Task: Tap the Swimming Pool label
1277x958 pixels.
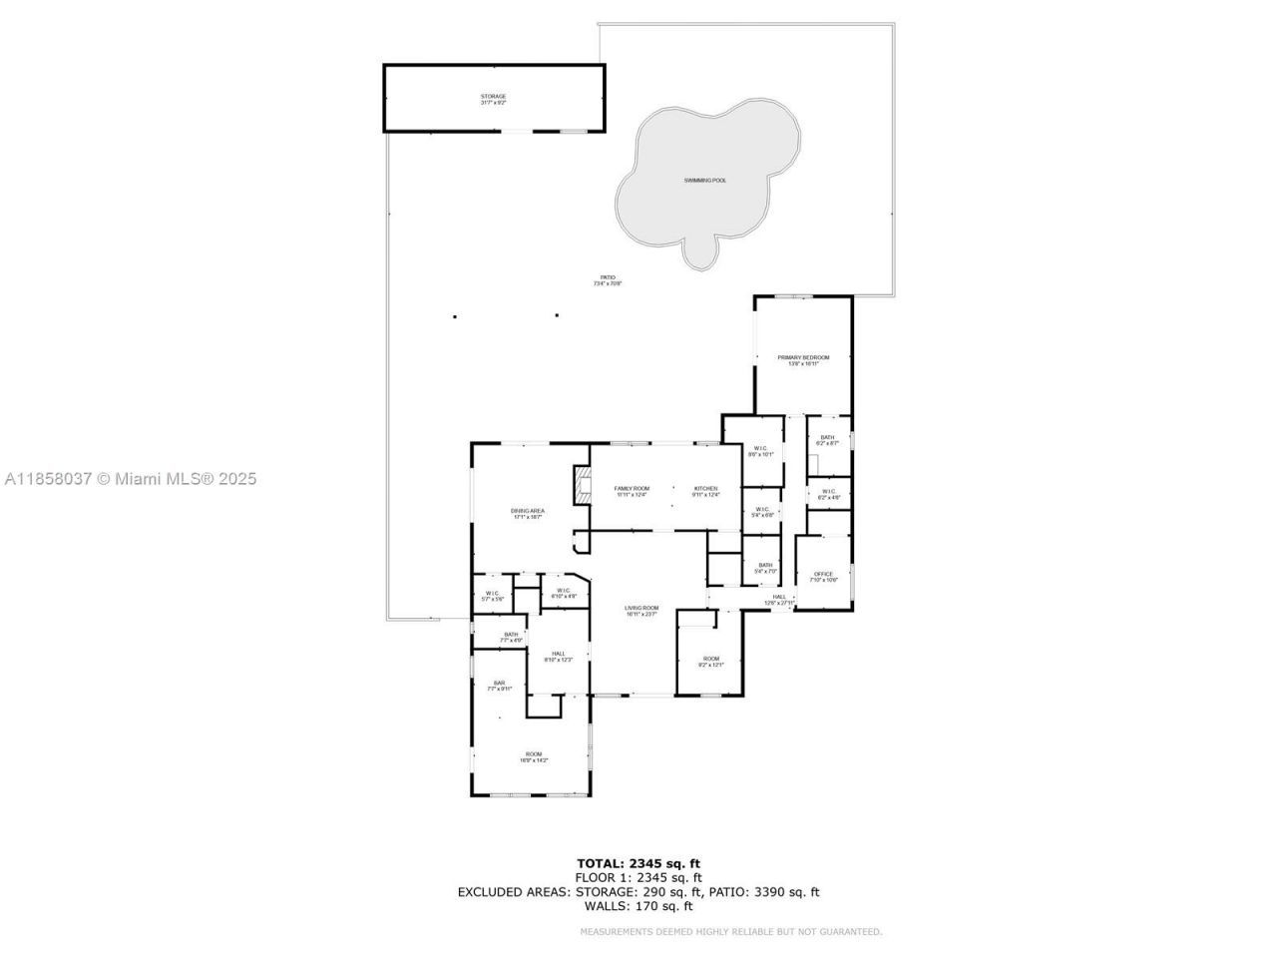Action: pyautogui.click(x=704, y=181)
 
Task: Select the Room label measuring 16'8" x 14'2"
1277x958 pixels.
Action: pyautogui.click(x=534, y=756)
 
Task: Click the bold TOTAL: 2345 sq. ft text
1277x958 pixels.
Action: pyautogui.click(x=644, y=863)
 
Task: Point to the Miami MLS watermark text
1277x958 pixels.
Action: pyautogui.click(x=131, y=479)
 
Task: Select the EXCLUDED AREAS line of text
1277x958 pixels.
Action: pyautogui.click(x=638, y=892)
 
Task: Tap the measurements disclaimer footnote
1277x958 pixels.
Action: pyautogui.click(x=731, y=932)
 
